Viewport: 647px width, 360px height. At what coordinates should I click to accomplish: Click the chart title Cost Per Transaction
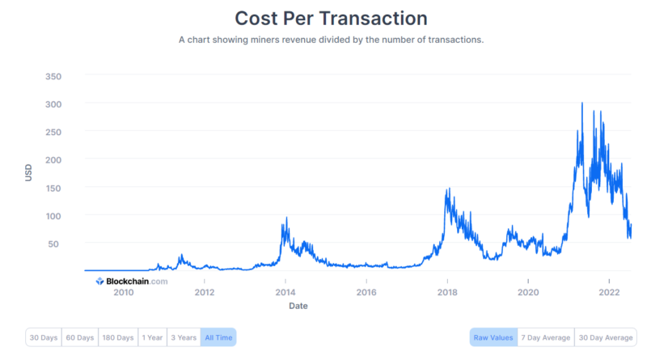[x=331, y=17]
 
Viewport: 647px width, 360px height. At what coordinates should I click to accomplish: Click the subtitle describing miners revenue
[x=331, y=40]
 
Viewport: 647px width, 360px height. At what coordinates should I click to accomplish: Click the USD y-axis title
[x=29, y=172]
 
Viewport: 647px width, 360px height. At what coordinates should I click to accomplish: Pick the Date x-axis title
[x=298, y=306]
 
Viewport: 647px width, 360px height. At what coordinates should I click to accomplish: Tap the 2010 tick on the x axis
[x=123, y=292]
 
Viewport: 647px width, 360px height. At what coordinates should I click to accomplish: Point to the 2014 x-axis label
[x=285, y=292]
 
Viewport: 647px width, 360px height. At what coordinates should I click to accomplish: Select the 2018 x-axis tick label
[x=447, y=292]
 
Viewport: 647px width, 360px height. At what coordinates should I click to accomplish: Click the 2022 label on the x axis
[x=609, y=292]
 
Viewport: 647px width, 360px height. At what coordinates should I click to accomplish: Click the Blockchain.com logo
[x=132, y=282]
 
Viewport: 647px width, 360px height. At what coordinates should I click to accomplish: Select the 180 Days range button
[x=117, y=337]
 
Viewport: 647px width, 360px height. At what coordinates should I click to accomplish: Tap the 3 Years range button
[x=184, y=337]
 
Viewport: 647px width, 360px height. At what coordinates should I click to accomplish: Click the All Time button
[x=218, y=337]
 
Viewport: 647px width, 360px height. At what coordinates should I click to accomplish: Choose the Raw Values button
[x=493, y=337]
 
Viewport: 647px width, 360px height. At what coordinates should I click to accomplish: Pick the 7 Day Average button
[x=546, y=337]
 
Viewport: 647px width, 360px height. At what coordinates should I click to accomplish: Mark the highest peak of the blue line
[x=582, y=103]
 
